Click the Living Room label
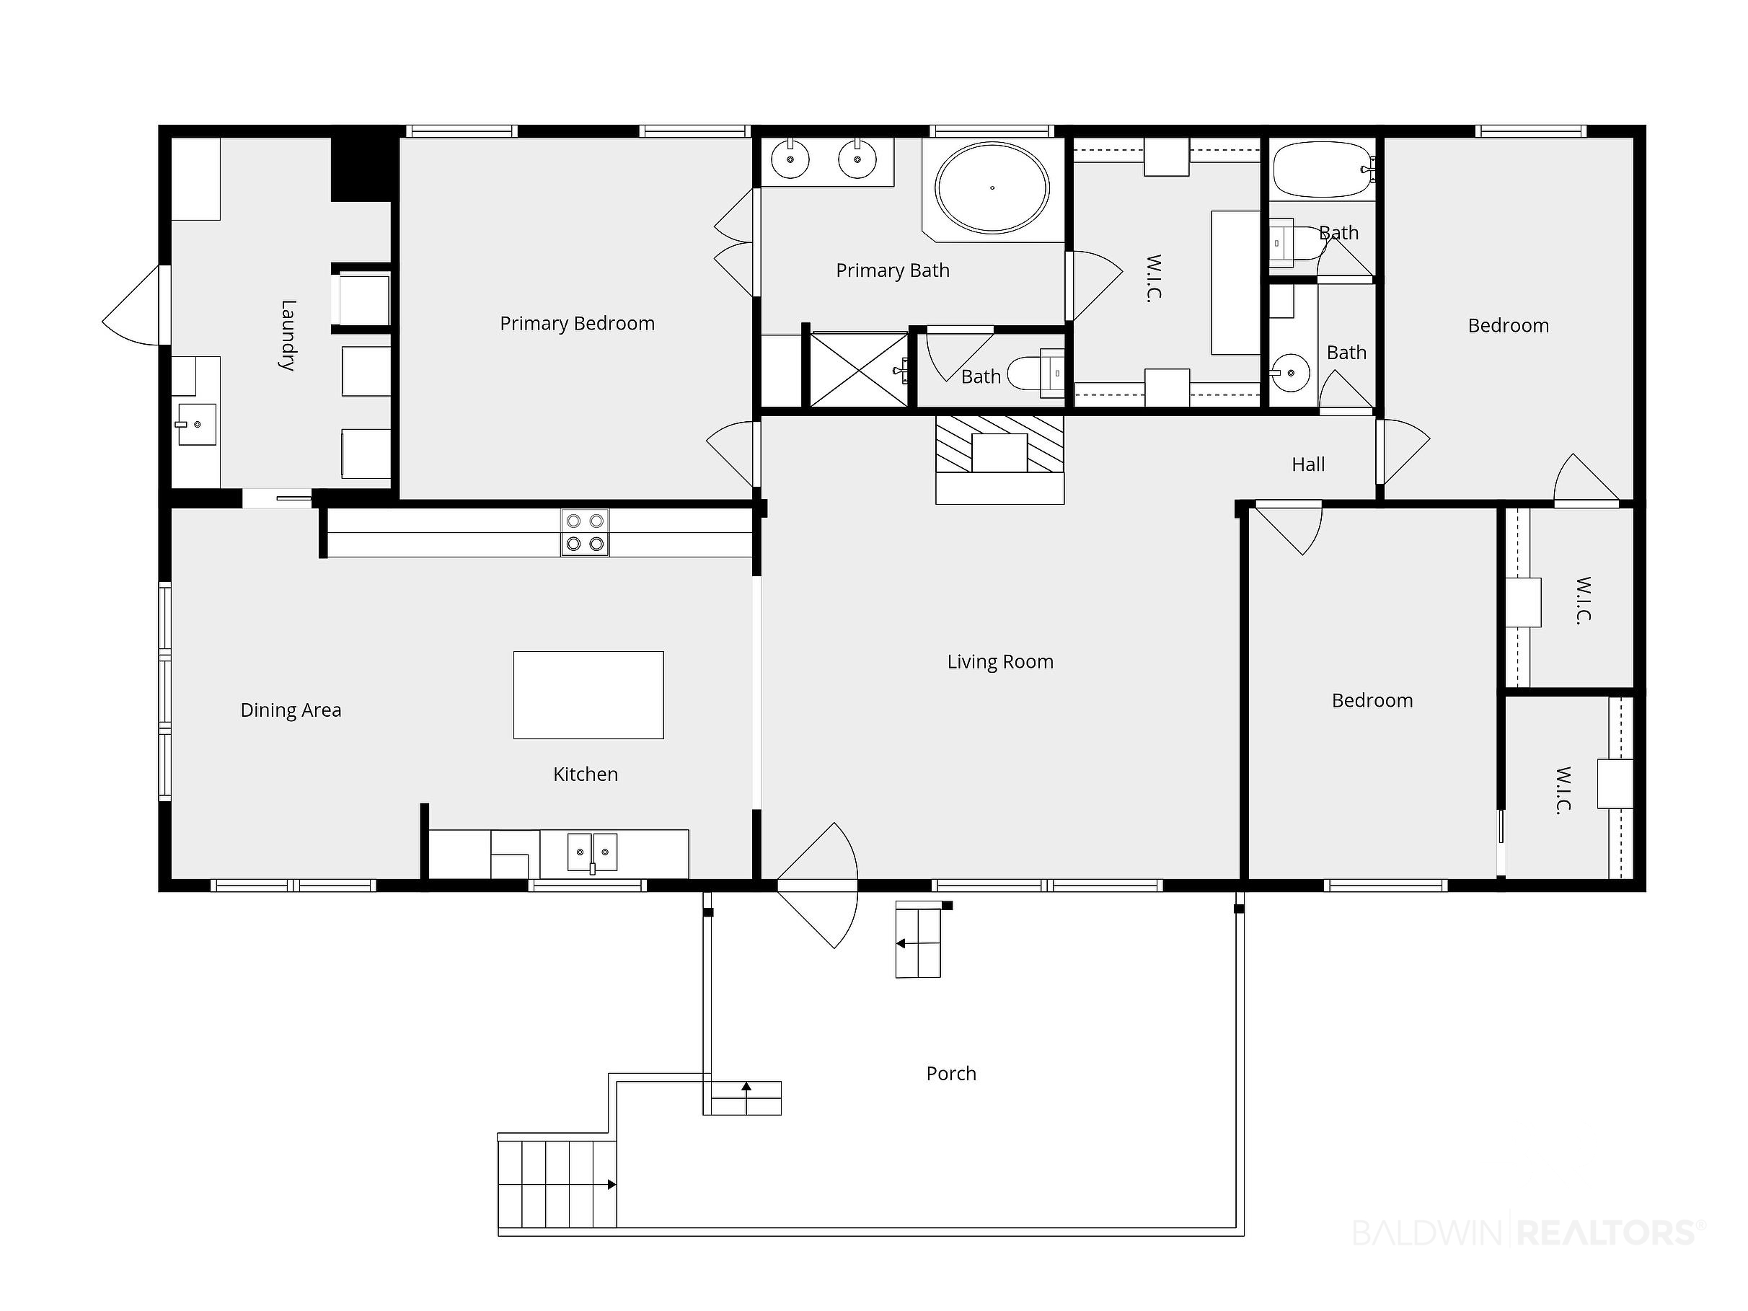999,661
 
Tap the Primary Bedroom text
577,323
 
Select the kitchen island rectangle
588,695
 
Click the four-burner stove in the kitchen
585,533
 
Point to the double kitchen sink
593,852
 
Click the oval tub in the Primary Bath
992,188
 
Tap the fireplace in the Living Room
999,459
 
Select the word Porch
951,1073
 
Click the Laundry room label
288,335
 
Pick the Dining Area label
291,710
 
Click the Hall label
1308,464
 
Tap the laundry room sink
196,424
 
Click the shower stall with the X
859,369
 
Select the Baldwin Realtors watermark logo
1528,1233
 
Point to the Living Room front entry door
817,885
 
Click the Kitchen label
586,774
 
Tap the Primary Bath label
893,270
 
